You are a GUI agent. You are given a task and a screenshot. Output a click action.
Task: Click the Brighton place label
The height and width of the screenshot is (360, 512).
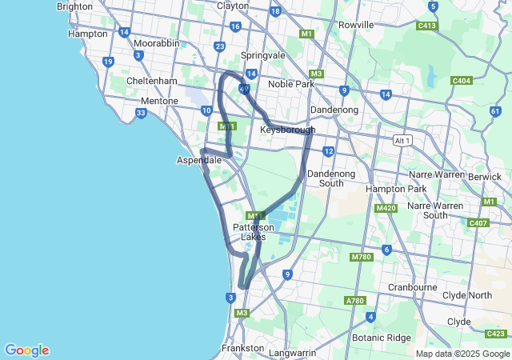coord(74,6)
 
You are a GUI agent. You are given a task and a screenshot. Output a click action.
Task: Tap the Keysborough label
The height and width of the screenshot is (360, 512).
coord(287,130)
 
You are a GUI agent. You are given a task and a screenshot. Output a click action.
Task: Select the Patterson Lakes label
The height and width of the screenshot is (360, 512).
coord(254,232)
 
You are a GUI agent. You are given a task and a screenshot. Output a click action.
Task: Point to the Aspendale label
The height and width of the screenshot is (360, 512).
coord(198,160)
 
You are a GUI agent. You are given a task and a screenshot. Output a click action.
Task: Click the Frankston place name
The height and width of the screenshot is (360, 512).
coord(242,348)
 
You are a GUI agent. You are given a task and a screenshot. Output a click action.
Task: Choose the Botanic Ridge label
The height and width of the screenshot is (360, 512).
coord(381,338)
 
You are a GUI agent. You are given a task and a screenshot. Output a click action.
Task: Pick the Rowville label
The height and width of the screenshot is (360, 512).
coord(356,25)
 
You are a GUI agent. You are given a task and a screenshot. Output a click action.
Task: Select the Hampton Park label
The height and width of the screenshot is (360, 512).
coord(392,189)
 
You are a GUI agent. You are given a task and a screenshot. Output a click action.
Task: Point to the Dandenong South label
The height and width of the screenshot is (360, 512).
coord(325,178)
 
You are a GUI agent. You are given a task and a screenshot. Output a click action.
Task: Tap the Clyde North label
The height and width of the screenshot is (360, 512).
coord(470,295)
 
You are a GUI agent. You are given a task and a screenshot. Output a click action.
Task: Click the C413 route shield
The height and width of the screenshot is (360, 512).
coord(427,26)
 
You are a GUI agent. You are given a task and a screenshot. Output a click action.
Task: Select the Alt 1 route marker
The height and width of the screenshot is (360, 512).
coord(402,141)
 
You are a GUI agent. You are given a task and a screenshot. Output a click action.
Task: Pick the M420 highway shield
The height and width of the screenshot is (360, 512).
coord(386,208)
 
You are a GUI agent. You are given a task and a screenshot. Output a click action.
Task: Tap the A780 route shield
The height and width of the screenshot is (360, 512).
coord(354,300)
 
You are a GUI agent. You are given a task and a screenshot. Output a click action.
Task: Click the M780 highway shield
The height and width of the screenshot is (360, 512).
coord(362,257)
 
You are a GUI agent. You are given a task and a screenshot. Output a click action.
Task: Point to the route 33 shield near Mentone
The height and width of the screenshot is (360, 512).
coord(141,114)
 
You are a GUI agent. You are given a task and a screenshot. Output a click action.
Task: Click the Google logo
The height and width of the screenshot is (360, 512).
coord(26,350)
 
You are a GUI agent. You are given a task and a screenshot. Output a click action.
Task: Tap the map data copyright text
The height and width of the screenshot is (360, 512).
coord(462,354)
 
